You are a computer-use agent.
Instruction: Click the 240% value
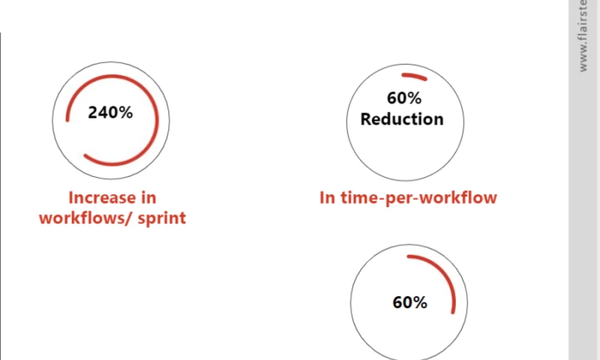110,112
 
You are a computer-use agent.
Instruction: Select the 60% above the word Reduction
404,98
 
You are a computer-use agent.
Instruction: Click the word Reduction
402,118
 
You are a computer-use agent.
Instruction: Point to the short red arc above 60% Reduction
414,76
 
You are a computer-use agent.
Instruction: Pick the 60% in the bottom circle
409,302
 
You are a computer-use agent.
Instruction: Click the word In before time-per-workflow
327,198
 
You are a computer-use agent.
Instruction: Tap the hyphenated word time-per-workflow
418,198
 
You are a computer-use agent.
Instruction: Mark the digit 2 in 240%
93,112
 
